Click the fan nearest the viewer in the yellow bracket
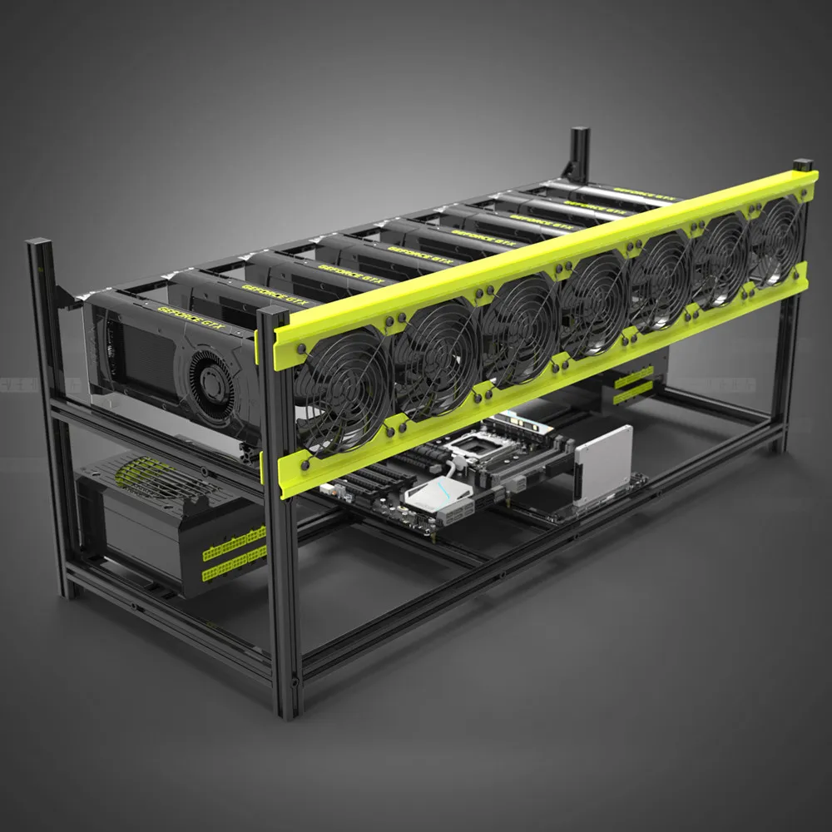344,387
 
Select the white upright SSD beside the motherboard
602,466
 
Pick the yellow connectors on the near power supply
234,553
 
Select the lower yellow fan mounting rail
541,379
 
